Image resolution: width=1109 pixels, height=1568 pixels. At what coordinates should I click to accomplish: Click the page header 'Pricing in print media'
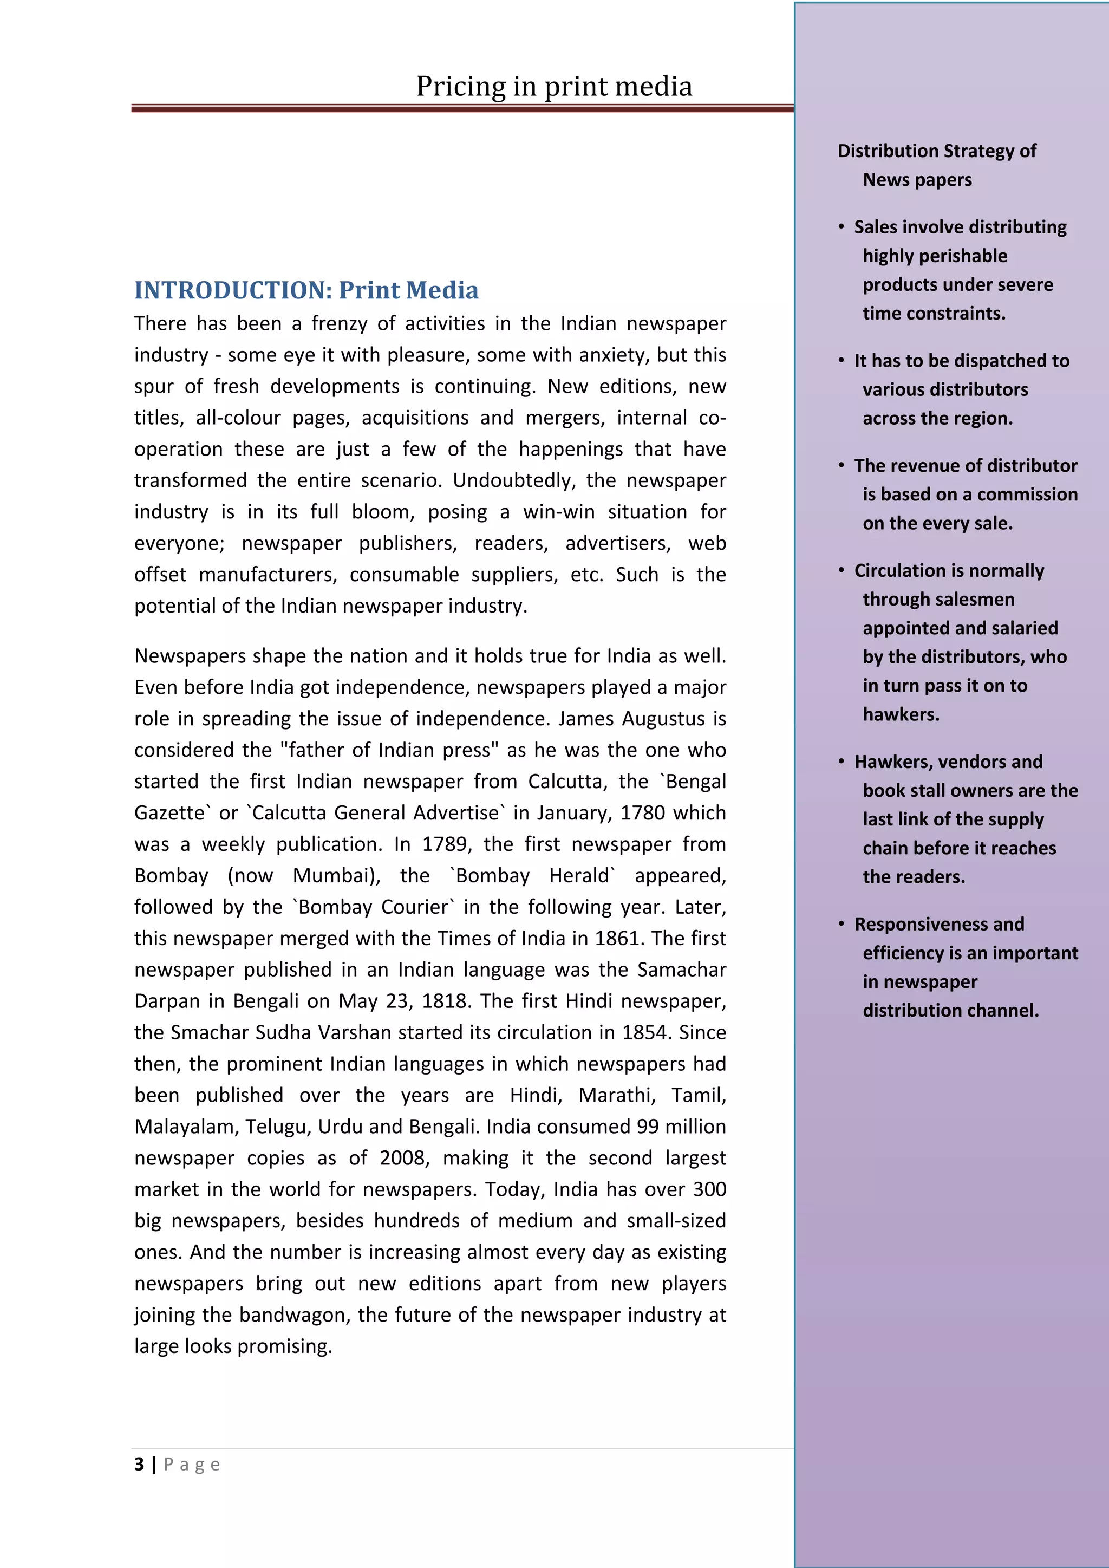pos(554,87)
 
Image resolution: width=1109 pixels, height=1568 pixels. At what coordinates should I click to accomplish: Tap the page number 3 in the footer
pos(139,1464)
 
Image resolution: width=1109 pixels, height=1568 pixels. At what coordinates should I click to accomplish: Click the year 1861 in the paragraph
pos(617,938)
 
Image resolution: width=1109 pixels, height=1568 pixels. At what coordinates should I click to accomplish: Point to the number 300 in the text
pos(709,1189)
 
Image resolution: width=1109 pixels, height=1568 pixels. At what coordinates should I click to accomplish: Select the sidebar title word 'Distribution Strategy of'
pos(936,151)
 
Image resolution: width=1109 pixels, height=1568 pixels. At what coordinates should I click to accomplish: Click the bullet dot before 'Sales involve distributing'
pos(841,227)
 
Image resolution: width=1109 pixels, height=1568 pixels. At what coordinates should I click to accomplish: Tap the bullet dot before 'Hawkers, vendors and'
pos(841,762)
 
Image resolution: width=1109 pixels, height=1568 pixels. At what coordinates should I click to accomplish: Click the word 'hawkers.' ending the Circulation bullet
pos(901,714)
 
